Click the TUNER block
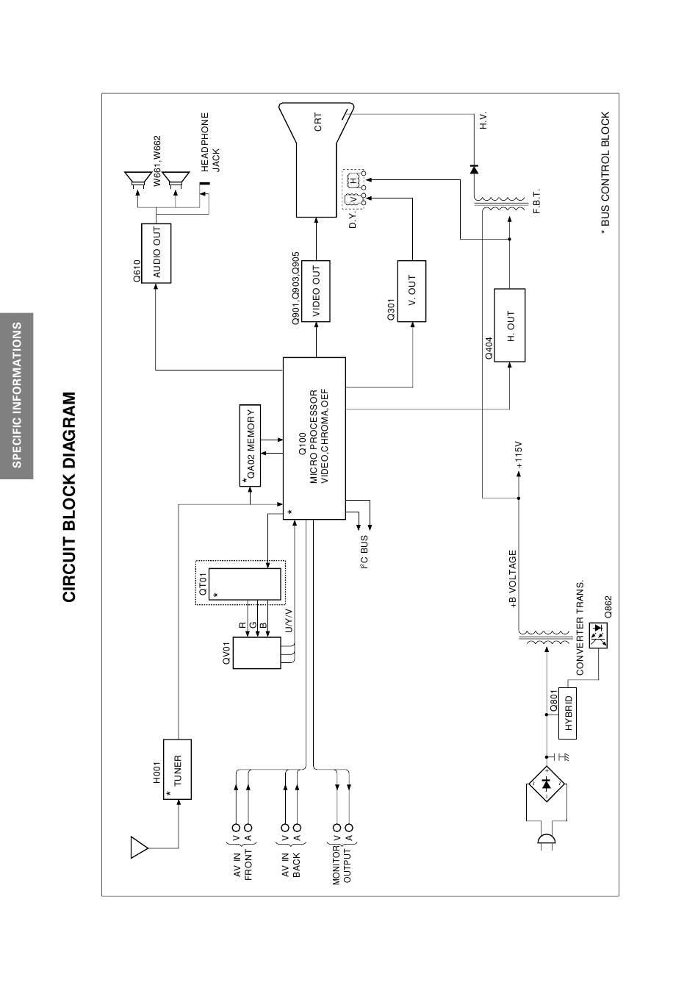tap(177, 770)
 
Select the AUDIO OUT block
tap(156, 254)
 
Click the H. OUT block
tap(510, 326)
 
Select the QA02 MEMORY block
tap(251, 445)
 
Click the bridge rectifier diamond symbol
tap(546, 784)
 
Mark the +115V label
tap(519, 457)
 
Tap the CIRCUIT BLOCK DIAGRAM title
tap(69, 497)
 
